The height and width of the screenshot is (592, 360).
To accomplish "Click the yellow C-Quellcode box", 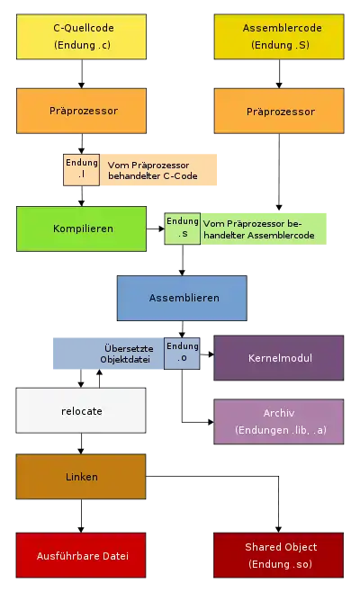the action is point(81,37).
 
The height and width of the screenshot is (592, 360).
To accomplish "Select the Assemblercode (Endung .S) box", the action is point(279,37).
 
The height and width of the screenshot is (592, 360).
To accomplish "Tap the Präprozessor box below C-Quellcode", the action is point(81,111).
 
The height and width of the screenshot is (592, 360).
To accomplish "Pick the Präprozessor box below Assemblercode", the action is point(279,111).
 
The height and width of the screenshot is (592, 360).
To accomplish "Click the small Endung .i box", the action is point(82,169).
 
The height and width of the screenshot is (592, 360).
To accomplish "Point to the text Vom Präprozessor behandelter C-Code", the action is point(153,170).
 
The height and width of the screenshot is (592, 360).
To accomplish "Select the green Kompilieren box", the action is point(81,229).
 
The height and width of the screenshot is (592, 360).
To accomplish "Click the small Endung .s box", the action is point(183,229).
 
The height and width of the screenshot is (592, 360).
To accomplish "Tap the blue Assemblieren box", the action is point(182,299).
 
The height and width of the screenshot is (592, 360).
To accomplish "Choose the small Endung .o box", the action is point(182,354).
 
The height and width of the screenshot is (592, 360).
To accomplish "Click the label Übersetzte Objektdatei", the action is point(127,354).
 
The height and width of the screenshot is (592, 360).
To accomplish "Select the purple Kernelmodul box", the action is point(279,358).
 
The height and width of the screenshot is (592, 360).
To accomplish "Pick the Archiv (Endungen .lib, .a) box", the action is point(279,422).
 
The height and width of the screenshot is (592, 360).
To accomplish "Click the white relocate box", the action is point(81,410).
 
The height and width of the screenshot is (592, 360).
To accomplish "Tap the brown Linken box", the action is point(81,477).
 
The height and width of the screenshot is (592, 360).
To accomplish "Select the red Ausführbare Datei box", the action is point(81,555).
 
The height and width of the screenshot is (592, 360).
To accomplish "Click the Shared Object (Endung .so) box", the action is point(278,555).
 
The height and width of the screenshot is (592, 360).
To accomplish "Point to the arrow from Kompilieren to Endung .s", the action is point(156,229).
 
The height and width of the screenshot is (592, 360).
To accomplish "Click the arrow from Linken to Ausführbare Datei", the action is point(81,516).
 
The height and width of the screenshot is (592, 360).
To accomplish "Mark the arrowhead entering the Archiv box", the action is point(211,422).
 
